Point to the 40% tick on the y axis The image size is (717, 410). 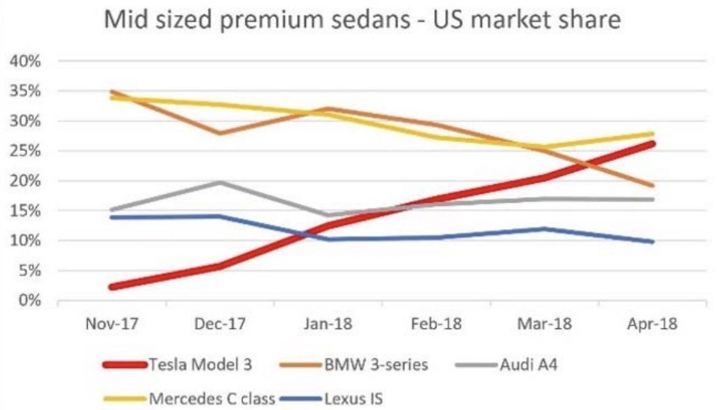coord(28,61)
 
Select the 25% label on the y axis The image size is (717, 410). coord(28,151)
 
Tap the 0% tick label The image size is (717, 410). coord(31,300)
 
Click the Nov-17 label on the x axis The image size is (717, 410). coord(113,324)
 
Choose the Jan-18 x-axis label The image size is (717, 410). coord(328,324)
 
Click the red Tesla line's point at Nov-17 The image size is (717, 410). coord(112,286)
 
